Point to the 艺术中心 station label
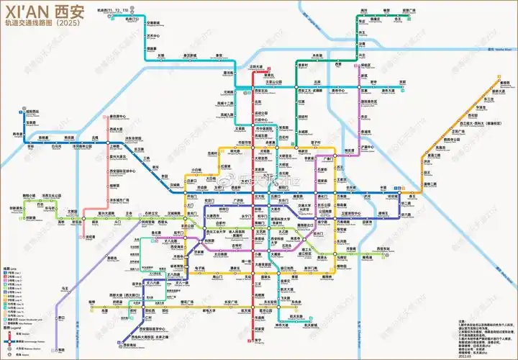coord(152,34)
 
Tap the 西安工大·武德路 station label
coord(314,91)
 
